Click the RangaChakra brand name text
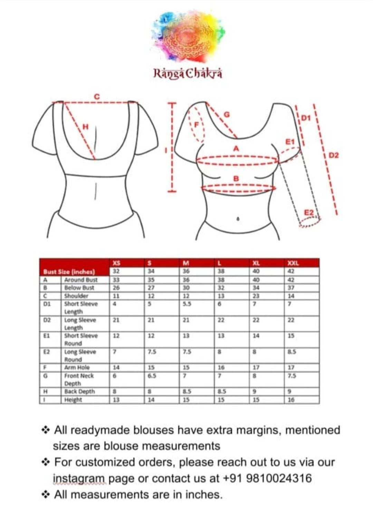click(x=188, y=74)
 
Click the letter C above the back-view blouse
click(x=97, y=97)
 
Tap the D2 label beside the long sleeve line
click(x=334, y=155)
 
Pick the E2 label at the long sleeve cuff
click(x=309, y=212)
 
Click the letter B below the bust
click(x=236, y=179)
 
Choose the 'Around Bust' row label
click(x=81, y=280)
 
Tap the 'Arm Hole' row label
click(x=77, y=368)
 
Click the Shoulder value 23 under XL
click(x=256, y=296)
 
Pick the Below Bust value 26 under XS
click(x=116, y=287)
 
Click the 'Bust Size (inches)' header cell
click(x=69, y=272)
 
